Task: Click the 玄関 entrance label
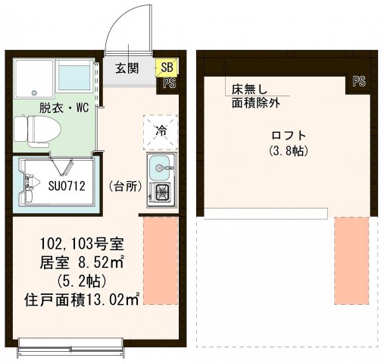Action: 126,68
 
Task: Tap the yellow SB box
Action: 165,68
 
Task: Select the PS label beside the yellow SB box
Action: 169,84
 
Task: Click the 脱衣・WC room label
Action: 54,108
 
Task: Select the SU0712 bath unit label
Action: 67,185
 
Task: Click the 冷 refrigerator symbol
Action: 161,130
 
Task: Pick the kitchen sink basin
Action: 161,165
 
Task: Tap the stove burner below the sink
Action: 161,193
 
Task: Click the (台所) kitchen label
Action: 124,186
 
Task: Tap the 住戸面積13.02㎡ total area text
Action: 80,300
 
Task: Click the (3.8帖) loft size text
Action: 287,152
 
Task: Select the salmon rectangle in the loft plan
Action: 351,260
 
